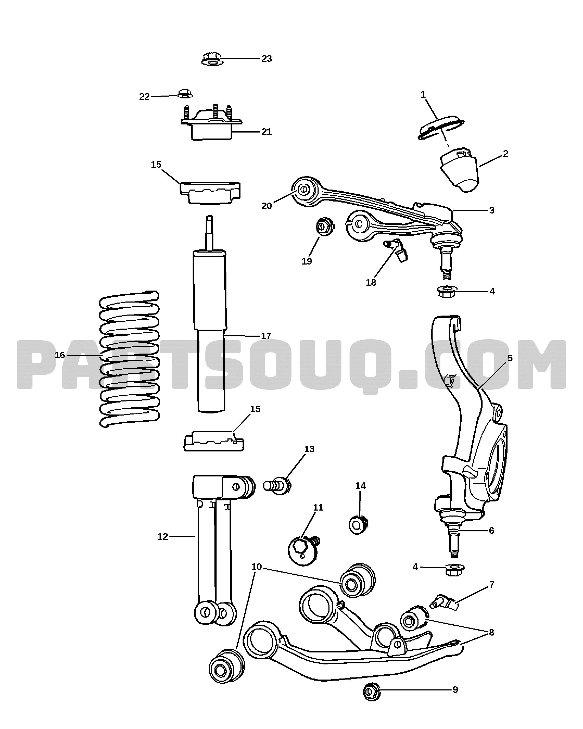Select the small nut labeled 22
click(x=185, y=94)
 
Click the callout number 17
click(x=266, y=336)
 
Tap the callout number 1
click(x=423, y=95)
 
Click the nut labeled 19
click(x=325, y=227)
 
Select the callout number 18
click(x=371, y=282)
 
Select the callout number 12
click(x=163, y=537)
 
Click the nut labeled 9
click(x=372, y=692)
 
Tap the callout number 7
click(x=491, y=585)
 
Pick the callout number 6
click(x=491, y=531)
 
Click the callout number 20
click(x=267, y=206)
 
